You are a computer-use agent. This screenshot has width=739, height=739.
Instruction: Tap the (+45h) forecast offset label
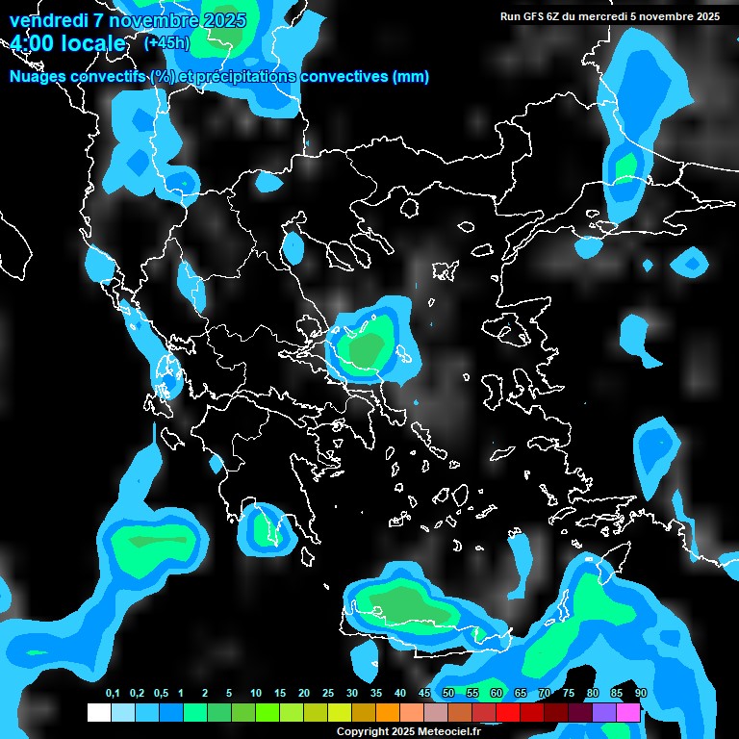pyautogui.click(x=166, y=42)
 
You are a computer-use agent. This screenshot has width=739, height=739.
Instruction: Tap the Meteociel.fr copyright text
pyautogui.click(x=408, y=731)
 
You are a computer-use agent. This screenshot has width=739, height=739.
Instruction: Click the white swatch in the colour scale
pyautogui.click(x=98, y=713)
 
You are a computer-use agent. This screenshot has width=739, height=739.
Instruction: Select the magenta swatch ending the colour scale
pyautogui.click(x=628, y=713)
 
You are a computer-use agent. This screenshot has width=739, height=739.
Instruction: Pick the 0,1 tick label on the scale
pyautogui.click(x=113, y=694)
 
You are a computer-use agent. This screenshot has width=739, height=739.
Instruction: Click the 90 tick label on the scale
pyautogui.click(x=641, y=694)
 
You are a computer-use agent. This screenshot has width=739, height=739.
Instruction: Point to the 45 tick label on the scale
pyautogui.click(x=424, y=694)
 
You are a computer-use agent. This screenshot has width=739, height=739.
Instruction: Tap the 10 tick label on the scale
pyautogui.click(x=256, y=694)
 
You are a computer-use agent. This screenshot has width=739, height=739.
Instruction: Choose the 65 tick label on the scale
pyautogui.click(x=521, y=694)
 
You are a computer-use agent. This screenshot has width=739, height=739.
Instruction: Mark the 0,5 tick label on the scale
pyautogui.click(x=161, y=694)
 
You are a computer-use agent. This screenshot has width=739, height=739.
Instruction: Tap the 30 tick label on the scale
pyautogui.click(x=352, y=694)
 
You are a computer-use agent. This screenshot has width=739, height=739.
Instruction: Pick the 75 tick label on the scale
pyautogui.click(x=569, y=694)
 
